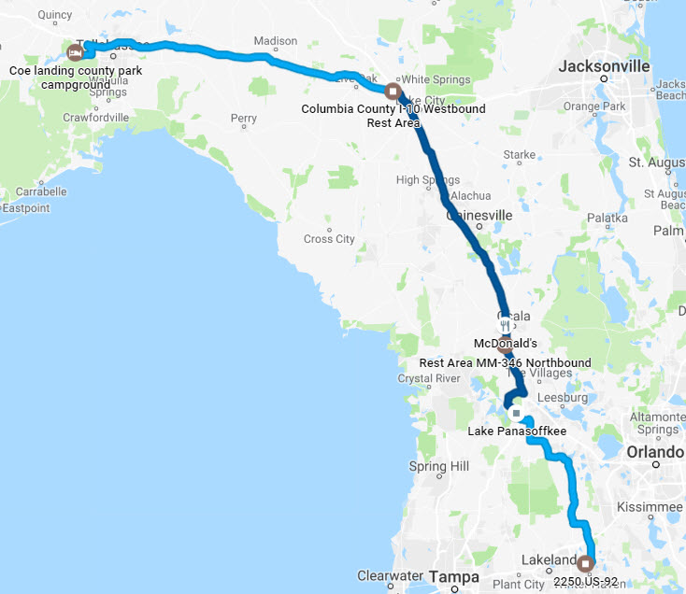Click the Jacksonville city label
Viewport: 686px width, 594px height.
coord(604,67)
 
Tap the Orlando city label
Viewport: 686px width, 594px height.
coord(656,452)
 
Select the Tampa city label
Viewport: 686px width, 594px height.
coord(454,578)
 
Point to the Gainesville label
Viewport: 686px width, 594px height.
coord(480,215)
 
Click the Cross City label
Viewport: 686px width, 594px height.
coord(329,239)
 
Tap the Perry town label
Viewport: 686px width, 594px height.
coord(243,119)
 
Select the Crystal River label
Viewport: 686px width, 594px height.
coord(429,378)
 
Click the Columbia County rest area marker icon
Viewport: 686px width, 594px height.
coord(393,92)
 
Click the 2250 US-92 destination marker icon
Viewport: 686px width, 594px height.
coord(586,563)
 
